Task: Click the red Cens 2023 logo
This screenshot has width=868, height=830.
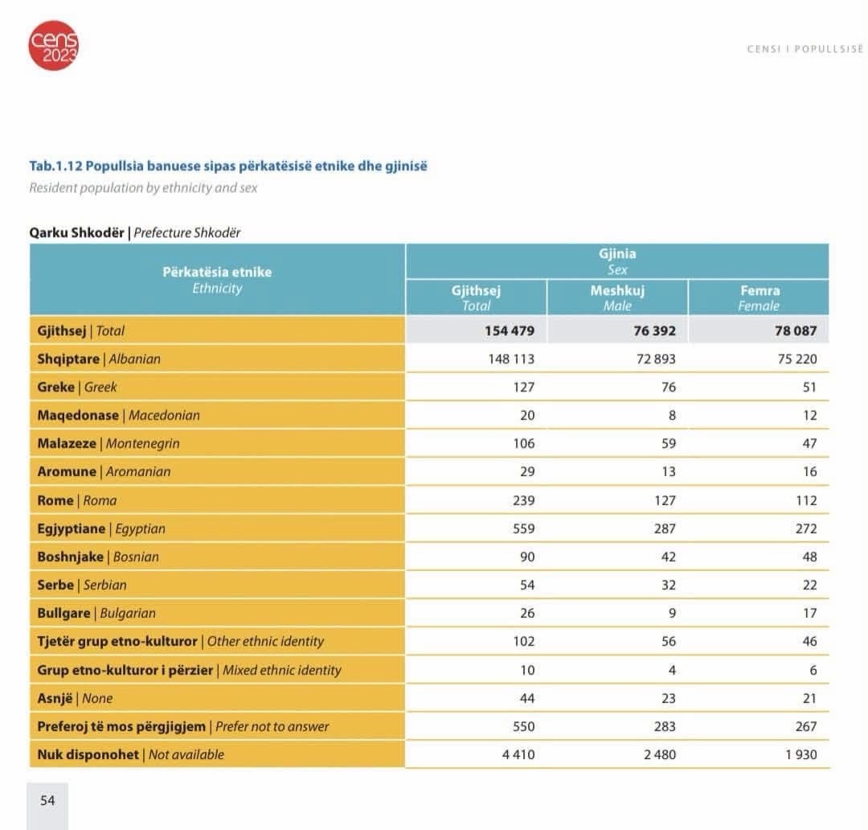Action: (53, 45)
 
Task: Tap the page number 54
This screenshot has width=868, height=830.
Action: (47, 800)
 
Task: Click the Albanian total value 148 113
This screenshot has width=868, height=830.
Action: (511, 359)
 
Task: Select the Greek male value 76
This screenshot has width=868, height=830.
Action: (668, 388)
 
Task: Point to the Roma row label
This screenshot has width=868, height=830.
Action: (77, 500)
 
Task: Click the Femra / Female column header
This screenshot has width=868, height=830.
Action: (759, 298)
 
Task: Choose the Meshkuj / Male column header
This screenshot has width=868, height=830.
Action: (617, 298)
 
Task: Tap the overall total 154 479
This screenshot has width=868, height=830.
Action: (510, 331)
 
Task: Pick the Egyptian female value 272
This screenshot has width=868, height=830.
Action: (806, 528)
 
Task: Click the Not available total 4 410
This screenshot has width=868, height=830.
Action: (518, 754)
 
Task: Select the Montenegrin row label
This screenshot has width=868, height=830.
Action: (108, 443)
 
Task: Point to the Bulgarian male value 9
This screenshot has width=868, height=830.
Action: (672, 614)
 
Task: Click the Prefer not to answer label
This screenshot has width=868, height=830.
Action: (182, 726)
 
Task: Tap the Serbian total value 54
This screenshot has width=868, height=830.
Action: (527, 585)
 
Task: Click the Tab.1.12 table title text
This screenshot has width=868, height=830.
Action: (228, 166)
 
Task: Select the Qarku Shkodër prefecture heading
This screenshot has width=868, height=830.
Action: (135, 232)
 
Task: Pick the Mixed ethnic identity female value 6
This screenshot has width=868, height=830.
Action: (813, 670)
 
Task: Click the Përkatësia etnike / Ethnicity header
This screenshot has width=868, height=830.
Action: (217, 280)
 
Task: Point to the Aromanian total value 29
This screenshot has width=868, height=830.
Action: (527, 471)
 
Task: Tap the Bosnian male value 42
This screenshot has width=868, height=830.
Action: (668, 557)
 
